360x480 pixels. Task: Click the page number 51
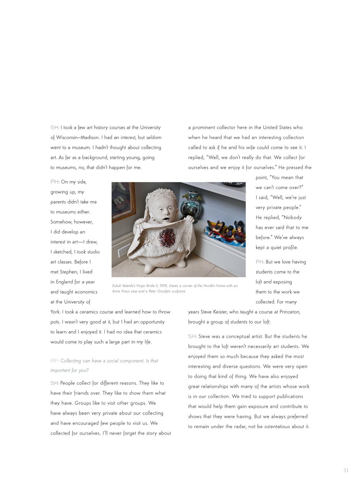(346, 471)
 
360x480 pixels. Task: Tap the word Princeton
(290, 312)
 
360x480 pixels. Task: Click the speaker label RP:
(55, 361)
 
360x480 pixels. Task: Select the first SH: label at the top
(55, 128)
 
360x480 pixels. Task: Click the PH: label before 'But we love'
(260, 262)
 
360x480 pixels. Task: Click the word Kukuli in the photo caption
(117, 286)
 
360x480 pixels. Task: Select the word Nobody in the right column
(293, 218)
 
